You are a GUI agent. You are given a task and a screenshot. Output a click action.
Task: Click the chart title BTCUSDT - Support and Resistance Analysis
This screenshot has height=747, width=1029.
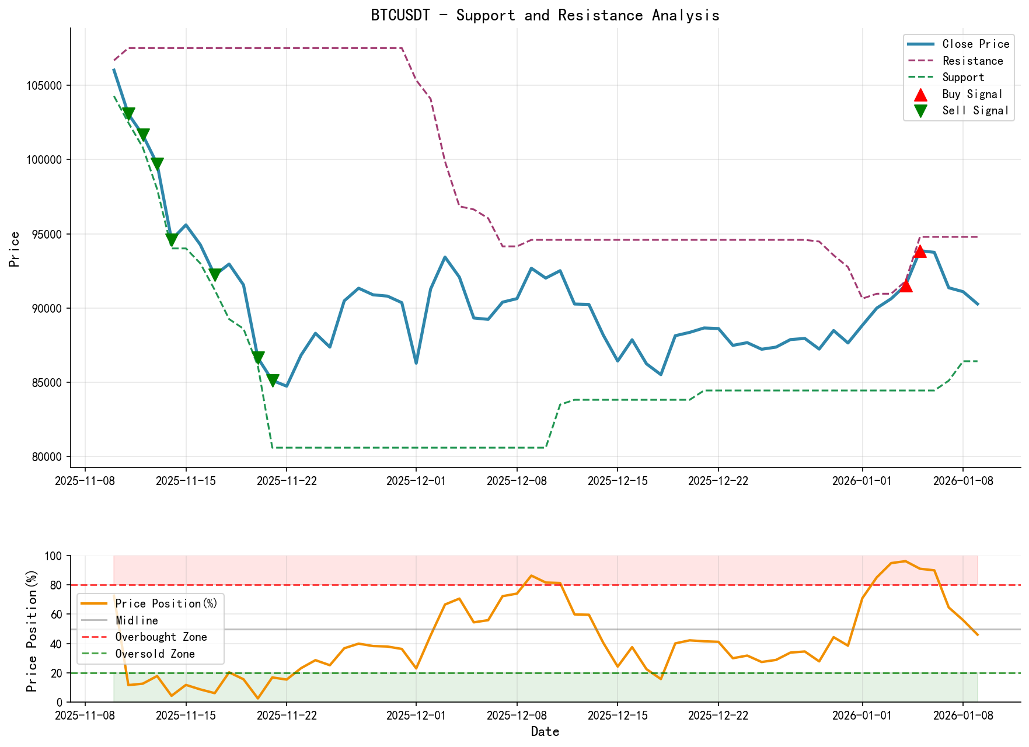(545, 15)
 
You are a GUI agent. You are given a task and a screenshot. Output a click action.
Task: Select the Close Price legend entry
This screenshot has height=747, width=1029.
(975, 44)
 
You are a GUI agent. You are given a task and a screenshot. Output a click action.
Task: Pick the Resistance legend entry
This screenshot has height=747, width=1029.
(972, 61)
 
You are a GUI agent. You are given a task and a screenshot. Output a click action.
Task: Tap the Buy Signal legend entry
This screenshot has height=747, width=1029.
(972, 94)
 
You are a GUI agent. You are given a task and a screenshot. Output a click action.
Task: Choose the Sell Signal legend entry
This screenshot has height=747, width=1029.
(975, 111)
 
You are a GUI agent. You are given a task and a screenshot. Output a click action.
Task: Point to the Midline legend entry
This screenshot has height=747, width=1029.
(137, 620)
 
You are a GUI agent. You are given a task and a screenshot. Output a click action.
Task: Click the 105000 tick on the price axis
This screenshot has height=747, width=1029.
(46, 86)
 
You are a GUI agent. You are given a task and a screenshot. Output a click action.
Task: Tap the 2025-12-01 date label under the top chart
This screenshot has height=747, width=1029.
(416, 481)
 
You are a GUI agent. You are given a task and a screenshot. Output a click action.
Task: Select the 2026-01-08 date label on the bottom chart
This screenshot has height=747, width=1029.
(962, 714)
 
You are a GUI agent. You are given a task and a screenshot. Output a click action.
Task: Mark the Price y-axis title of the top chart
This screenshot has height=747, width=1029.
(15, 249)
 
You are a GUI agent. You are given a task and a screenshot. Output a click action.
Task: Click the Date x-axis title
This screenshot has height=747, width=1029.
(545, 732)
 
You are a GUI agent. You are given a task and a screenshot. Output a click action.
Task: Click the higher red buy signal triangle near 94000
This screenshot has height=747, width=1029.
(920, 251)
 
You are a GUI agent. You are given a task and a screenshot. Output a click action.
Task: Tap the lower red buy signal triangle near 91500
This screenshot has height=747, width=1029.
(905, 285)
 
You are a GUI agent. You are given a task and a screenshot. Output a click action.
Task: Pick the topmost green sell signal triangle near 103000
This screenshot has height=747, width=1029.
(129, 114)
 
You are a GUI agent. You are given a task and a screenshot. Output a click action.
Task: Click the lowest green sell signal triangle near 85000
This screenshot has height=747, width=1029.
(273, 381)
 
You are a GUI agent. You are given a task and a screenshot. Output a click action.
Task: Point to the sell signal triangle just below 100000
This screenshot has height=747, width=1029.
(158, 164)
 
